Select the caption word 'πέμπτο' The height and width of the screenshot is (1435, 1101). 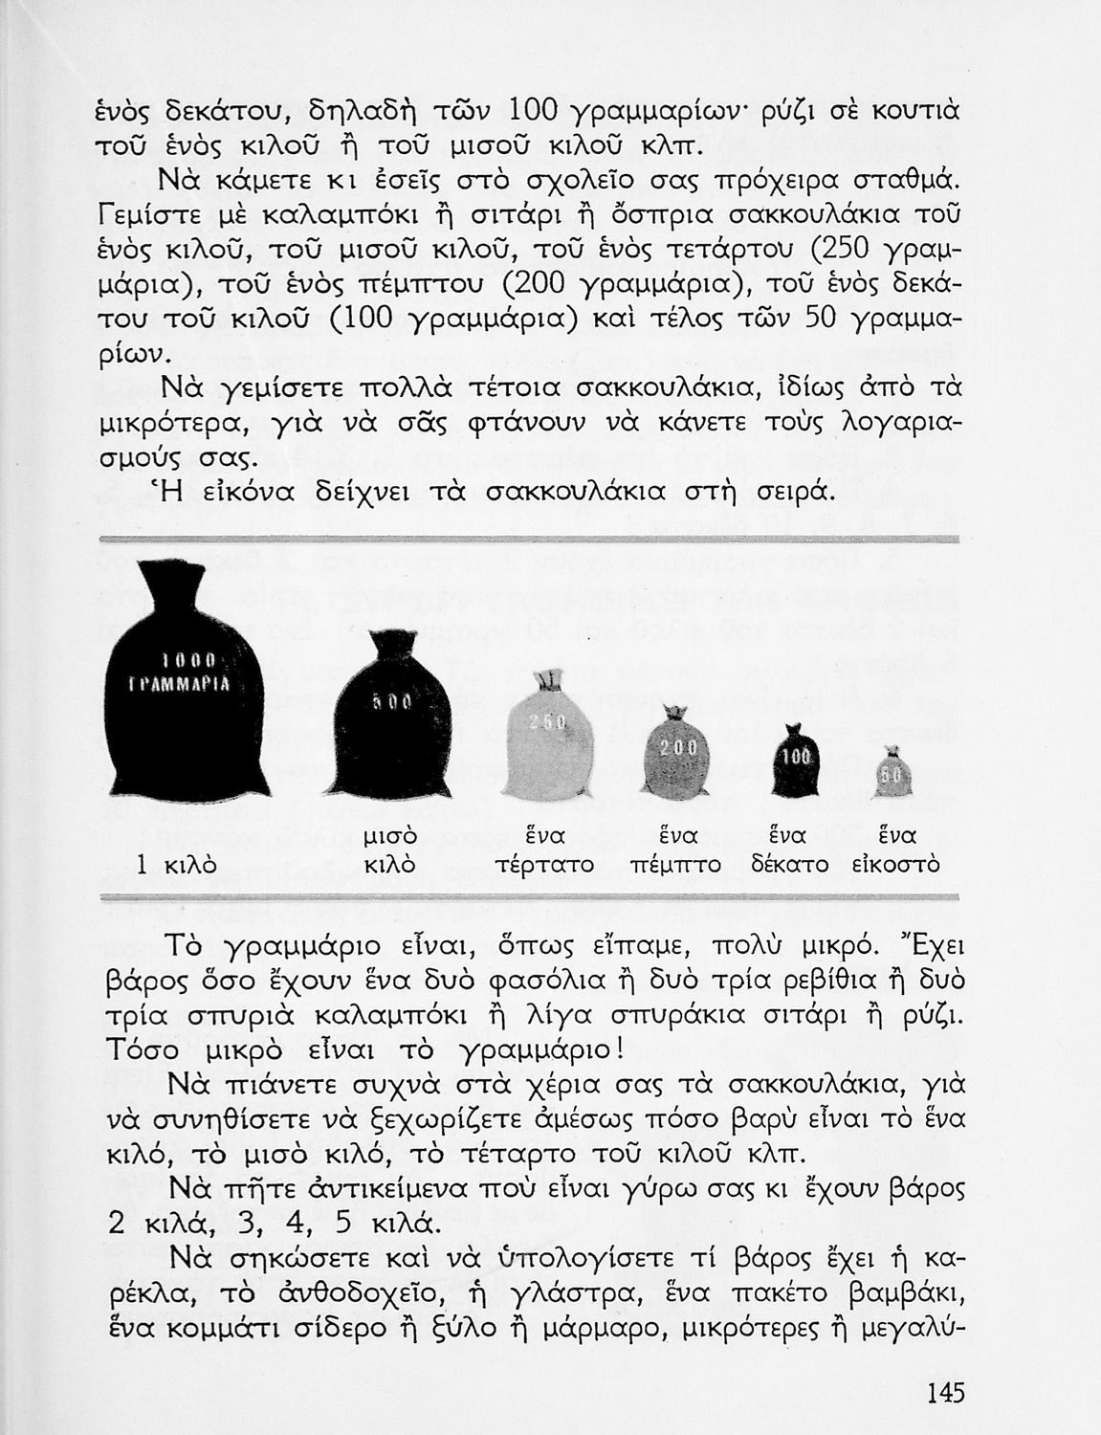tap(675, 865)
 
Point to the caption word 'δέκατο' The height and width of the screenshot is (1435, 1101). tap(789, 865)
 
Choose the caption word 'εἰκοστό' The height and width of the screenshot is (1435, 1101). tap(895, 865)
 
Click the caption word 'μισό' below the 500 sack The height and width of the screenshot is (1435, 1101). tap(391, 836)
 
